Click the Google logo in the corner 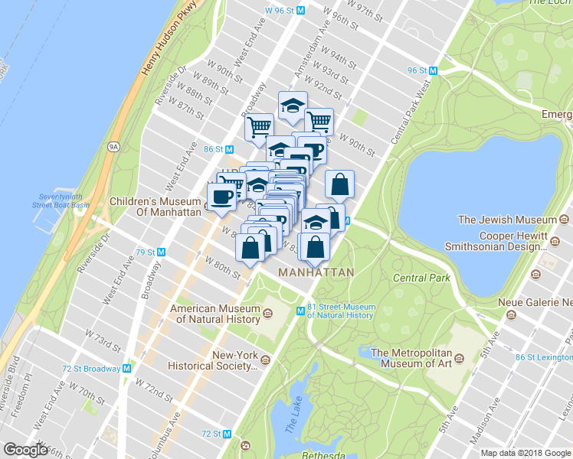coord(26,451)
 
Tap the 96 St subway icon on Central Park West coord(433,70)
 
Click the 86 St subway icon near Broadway coord(228,149)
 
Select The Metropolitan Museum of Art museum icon coord(459,358)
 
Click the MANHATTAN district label coord(316,272)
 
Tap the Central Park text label coord(421,278)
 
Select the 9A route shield coord(114,145)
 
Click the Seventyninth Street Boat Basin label coord(61,200)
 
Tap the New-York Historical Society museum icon coord(265,359)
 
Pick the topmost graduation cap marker coord(293,105)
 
